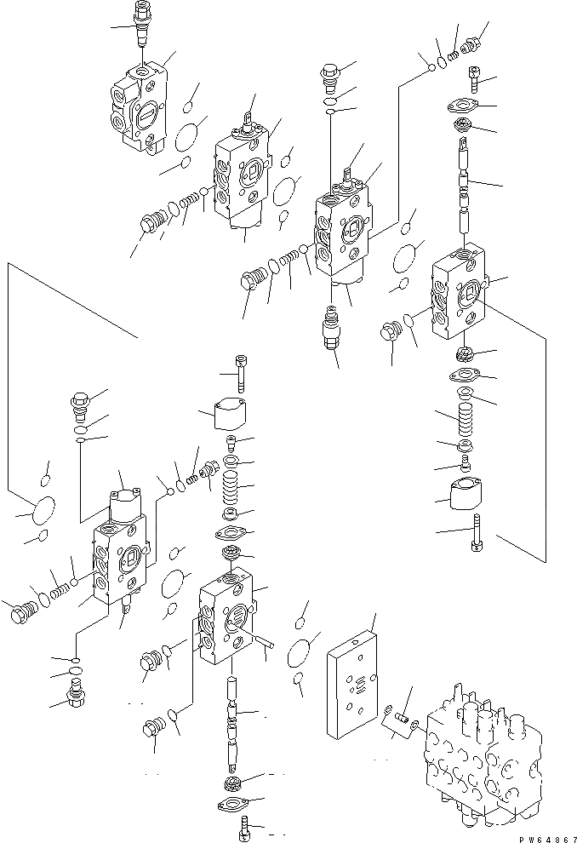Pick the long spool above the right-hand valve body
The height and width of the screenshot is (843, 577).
tap(465, 187)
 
